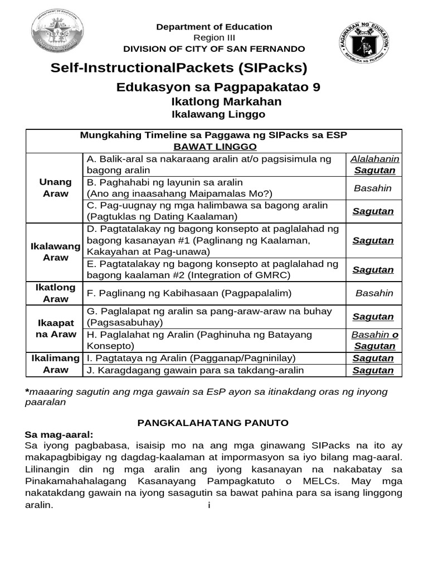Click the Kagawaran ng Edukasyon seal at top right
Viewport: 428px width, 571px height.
pos(365,41)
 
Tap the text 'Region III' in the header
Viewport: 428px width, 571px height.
pos(214,38)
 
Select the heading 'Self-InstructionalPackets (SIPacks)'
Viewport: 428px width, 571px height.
pos(179,69)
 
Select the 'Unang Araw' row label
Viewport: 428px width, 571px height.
pos(55,188)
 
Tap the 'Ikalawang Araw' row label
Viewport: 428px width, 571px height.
pos(55,252)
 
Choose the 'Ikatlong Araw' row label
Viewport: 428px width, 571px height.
pos(55,293)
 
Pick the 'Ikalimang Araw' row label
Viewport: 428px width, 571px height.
pos(55,364)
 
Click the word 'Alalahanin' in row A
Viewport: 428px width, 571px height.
pos(374,159)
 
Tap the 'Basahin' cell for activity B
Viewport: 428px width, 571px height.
pos(373,188)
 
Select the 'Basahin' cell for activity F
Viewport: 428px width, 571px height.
pos(374,293)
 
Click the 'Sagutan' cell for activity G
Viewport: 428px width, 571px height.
pos(374,317)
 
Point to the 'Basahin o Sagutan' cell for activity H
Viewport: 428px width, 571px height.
pos(374,340)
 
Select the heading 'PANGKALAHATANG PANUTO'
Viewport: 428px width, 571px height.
pos(213,423)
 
